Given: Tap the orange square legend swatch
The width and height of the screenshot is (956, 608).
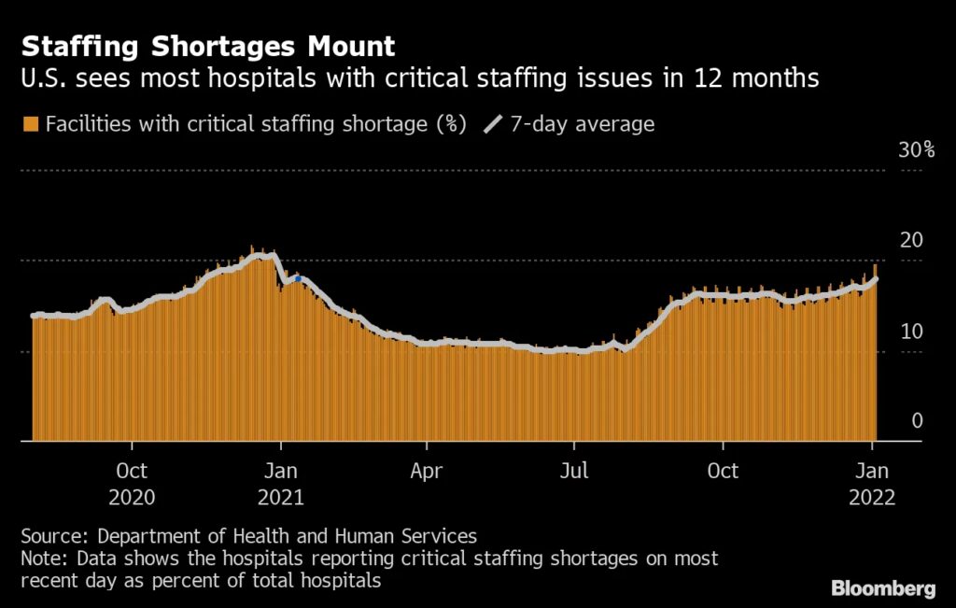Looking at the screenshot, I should (31, 124).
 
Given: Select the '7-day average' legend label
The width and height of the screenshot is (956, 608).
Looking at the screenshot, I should (583, 124).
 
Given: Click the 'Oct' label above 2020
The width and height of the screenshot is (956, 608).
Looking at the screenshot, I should (132, 470).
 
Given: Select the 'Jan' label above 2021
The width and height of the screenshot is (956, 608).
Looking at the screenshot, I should (280, 470).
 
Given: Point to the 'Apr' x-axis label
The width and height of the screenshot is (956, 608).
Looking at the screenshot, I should (426, 470).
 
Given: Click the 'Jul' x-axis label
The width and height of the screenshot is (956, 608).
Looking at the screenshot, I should (573, 470).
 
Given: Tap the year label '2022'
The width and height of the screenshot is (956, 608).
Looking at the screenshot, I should (872, 497).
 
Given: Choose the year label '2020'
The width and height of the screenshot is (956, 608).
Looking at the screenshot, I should (132, 497).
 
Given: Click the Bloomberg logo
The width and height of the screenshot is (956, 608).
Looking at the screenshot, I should (883, 588).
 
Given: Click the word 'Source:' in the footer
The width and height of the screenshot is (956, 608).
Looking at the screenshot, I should (55, 536).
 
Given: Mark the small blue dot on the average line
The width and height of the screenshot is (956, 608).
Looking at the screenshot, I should (298, 278).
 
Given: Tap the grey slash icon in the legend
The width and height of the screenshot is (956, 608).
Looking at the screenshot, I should (493, 124).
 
